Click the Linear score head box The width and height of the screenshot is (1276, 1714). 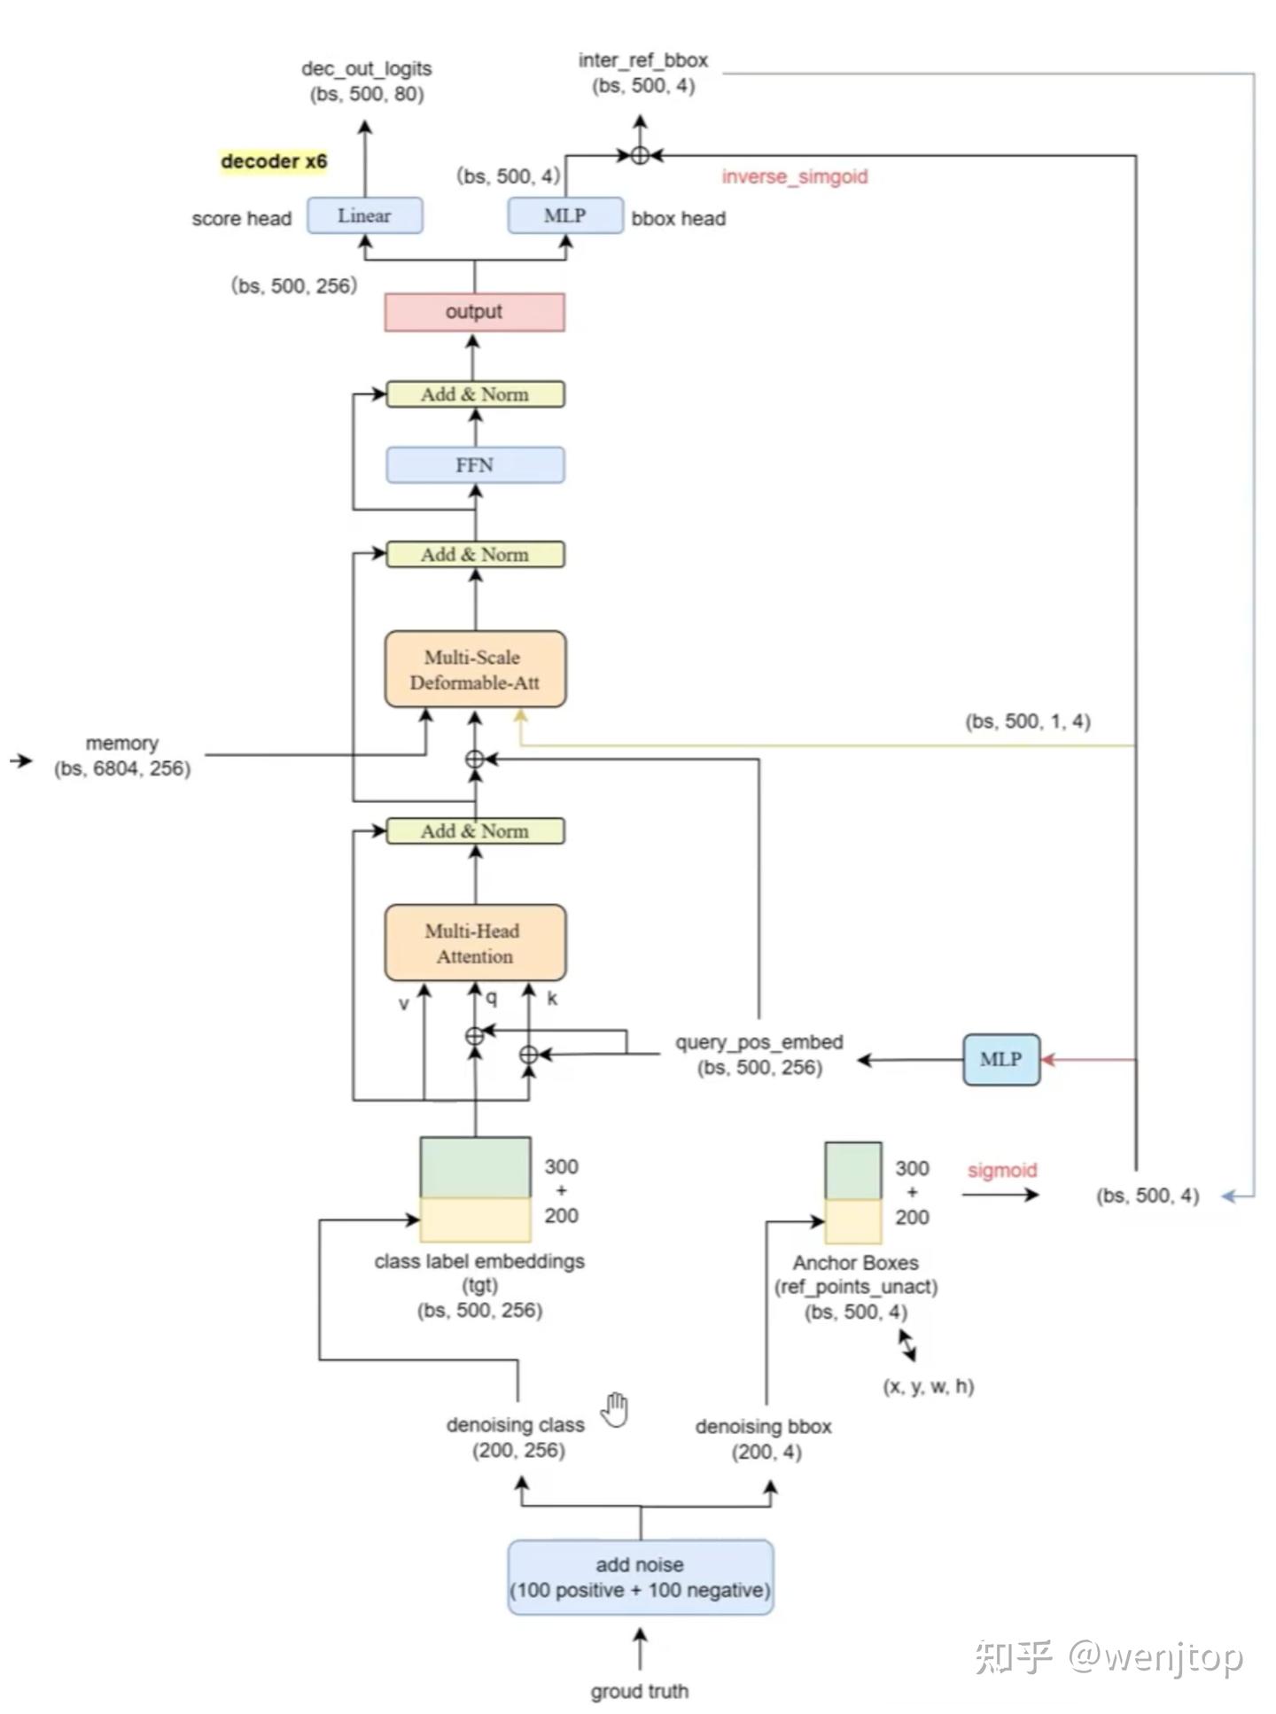[364, 215]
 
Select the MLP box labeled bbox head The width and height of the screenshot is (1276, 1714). [565, 215]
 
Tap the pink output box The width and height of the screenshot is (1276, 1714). [474, 312]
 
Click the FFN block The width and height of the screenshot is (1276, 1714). [475, 465]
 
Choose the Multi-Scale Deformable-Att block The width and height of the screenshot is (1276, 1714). [475, 669]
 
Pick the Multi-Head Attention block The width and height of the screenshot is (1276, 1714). [475, 943]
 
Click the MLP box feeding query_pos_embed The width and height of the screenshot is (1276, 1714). [1001, 1059]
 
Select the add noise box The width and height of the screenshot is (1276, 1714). [640, 1577]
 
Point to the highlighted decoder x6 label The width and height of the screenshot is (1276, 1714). [274, 161]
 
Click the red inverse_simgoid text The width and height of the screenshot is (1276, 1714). [795, 176]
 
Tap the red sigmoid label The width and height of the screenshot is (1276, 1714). [1002, 1170]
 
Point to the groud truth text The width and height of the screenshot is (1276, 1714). [640, 1691]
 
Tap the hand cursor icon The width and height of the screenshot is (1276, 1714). [615, 1409]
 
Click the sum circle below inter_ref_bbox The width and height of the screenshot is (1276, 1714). [640, 155]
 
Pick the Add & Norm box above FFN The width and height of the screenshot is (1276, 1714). [475, 394]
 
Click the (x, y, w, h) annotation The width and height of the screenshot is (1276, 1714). [929, 1386]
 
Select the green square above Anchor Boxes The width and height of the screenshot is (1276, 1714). [853, 1172]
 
